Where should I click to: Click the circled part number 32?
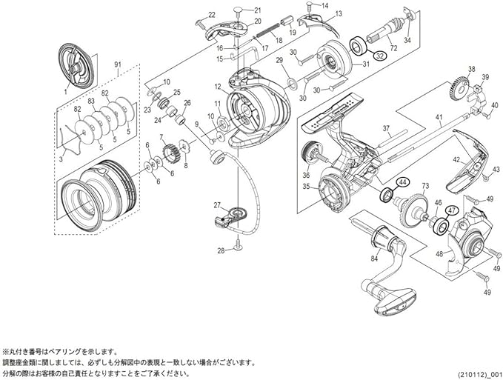(378, 56)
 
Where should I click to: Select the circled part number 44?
(402, 181)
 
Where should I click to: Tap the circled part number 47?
(451, 210)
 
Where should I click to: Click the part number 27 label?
(217, 205)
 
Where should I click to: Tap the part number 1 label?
(66, 91)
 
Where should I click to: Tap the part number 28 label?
(220, 250)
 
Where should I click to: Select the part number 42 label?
(456, 159)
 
